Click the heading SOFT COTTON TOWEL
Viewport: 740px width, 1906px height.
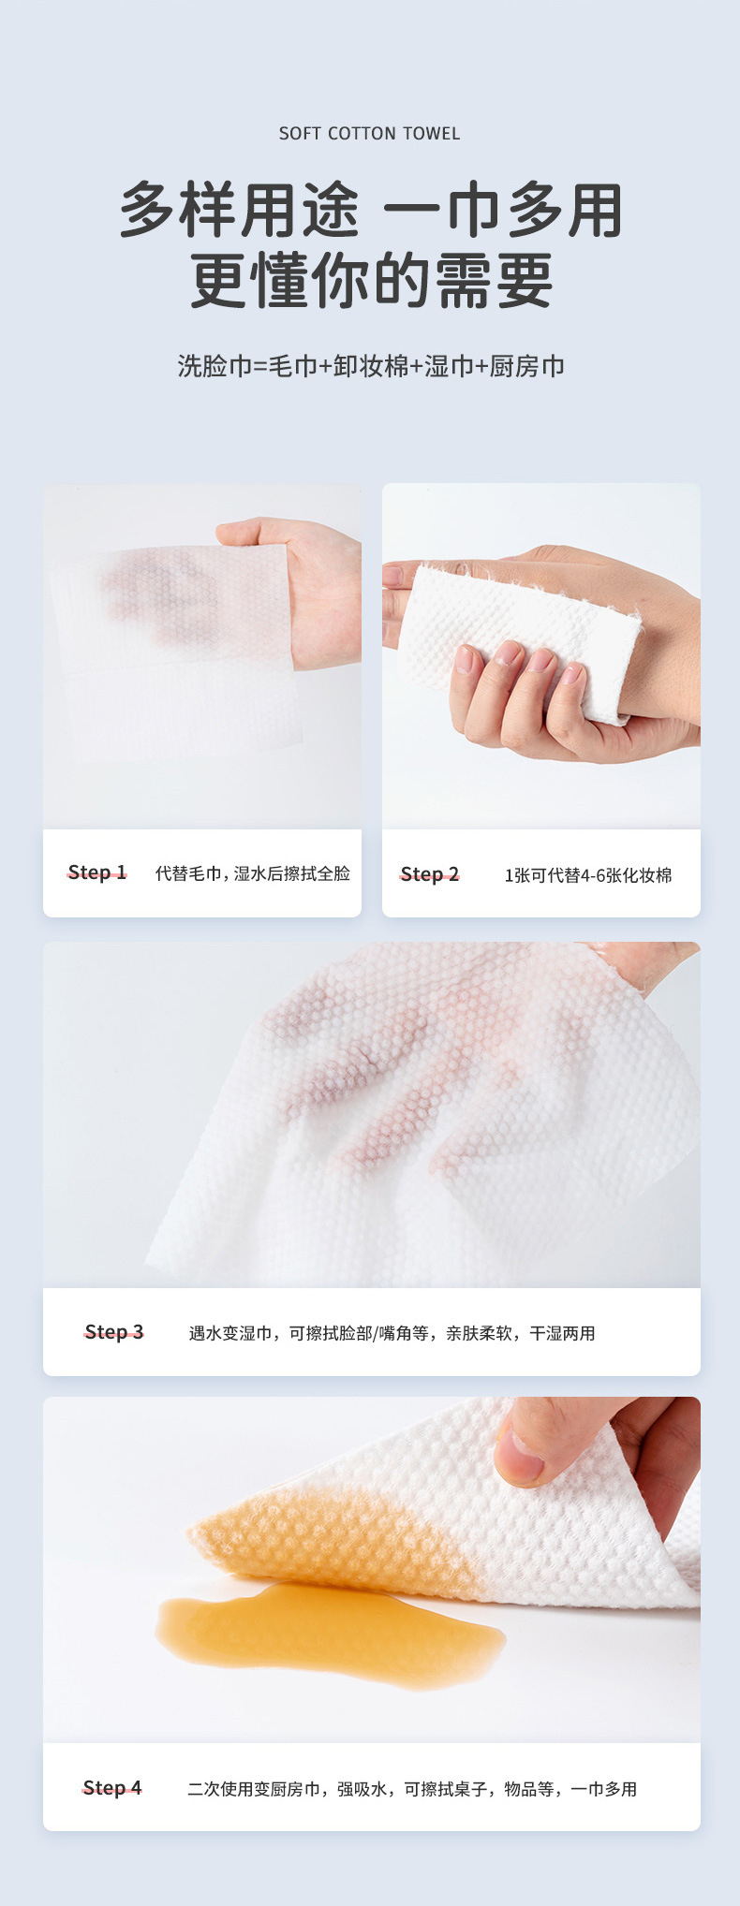pos(370,134)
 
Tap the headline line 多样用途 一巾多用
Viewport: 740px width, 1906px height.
pos(371,211)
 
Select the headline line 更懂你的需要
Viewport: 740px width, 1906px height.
pos(371,281)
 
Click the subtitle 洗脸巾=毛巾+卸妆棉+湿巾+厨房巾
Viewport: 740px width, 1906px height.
pos(371,366)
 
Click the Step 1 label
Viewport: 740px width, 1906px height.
pos(96,872)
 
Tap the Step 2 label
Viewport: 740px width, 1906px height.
pos(430,874)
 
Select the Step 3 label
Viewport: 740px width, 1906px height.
pos(114,1332)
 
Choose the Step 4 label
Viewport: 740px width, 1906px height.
pos(112,1788)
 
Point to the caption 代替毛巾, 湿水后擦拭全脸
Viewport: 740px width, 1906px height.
pos(253,873)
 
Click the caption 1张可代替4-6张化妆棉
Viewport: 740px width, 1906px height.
pos(588,875)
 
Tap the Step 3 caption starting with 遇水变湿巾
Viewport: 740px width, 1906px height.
pos(392,1333)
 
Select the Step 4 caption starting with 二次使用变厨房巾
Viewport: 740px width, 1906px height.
pos(412,1789)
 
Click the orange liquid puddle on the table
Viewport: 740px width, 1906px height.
pos(331,1630)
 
